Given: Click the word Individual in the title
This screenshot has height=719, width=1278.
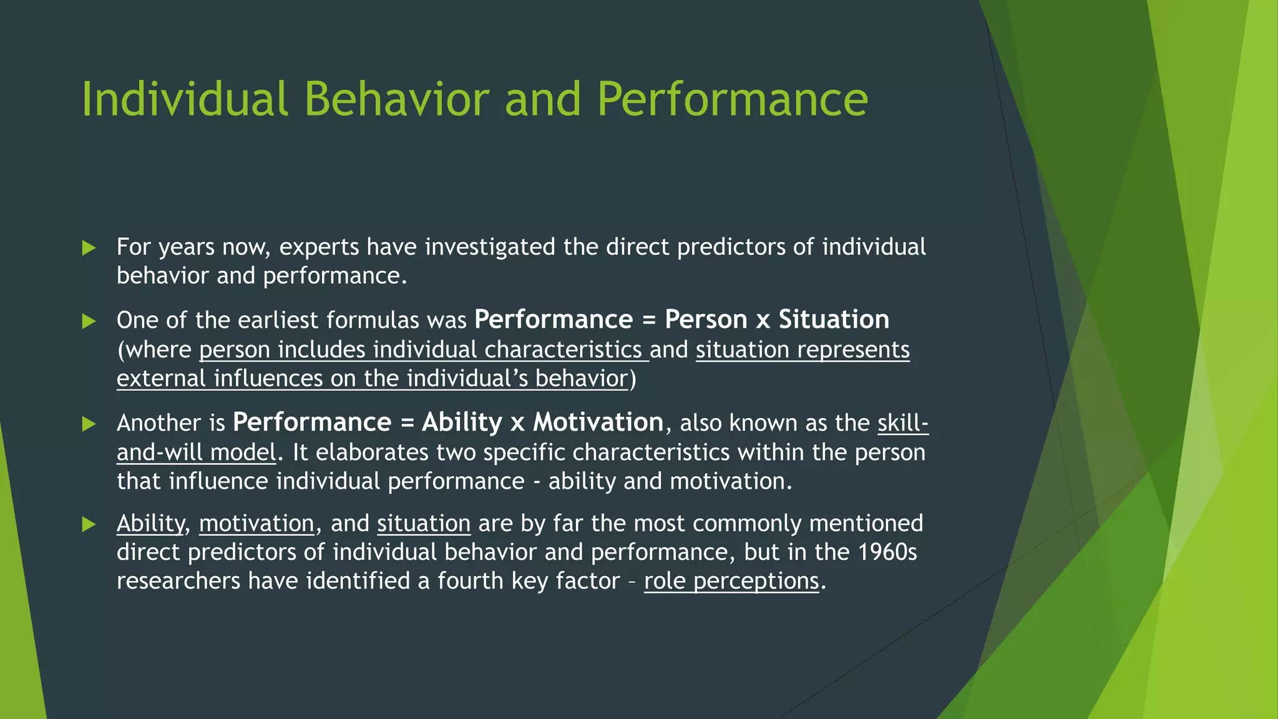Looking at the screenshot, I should tap(185, 99).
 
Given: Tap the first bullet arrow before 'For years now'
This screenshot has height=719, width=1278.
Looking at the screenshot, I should tap(89, 248).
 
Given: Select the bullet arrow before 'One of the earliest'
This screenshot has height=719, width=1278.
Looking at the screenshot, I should tap(89, 321).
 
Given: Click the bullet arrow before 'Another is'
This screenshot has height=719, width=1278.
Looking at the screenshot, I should tap(89, 424).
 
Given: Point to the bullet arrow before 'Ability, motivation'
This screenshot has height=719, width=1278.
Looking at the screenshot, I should tap(89, 524).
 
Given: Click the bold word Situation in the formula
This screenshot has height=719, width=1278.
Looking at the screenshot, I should tap(834, 320).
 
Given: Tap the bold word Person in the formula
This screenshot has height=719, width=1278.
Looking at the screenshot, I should tap(706, 320).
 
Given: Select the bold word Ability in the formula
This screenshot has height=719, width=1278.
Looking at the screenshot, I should tap(462, 423).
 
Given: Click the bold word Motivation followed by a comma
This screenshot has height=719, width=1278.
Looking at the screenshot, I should tap(598, 423).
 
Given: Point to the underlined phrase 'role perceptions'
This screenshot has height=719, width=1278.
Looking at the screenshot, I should tap(731, 581).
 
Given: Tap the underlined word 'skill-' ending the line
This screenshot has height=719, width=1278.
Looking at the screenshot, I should tap(902, 423).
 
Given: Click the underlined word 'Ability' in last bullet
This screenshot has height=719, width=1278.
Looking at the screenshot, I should tap(150, 524).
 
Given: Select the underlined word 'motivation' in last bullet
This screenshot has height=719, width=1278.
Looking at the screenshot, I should tap(256, 524).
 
